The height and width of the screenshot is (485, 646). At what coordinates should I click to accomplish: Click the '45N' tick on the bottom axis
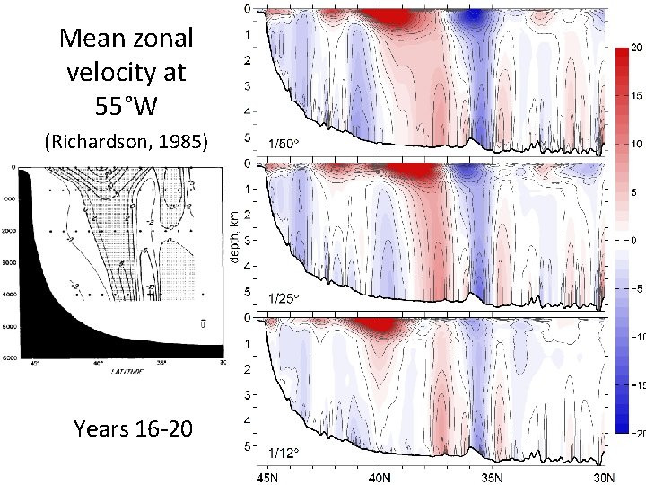coord(270,476)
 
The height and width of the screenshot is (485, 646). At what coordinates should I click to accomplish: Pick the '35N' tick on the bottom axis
coord(492,476)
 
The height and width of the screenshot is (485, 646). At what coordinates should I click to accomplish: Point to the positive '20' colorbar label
coord(633,47)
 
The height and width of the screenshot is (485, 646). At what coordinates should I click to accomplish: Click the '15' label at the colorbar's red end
coord(633,95)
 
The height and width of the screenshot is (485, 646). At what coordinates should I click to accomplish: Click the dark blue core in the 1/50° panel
coord(467,17)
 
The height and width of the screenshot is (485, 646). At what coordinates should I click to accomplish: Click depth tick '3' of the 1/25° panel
coord(247,241)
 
